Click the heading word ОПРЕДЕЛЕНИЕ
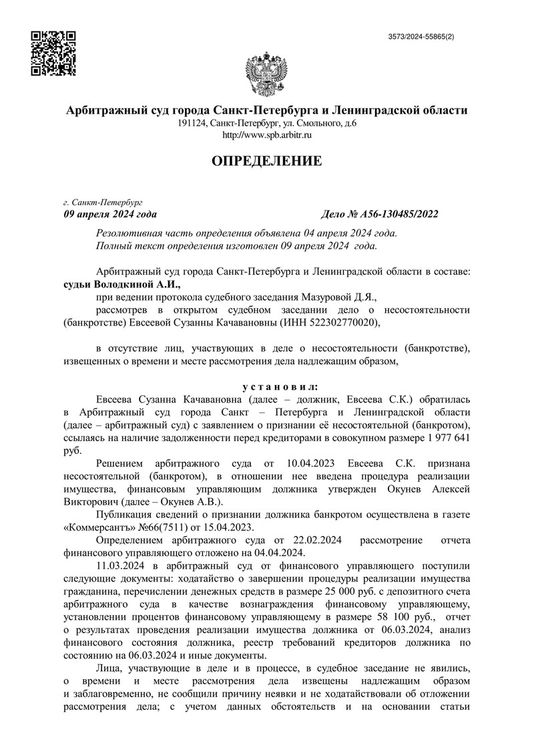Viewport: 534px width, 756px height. coord(267,160)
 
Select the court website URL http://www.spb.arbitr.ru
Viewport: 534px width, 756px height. coord(266,135)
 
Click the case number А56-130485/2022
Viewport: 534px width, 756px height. coord(400,214)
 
